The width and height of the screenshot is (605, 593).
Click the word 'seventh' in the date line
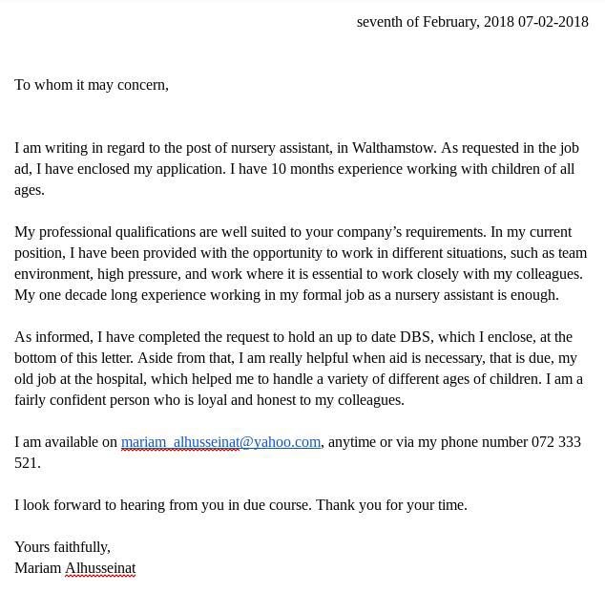pos(380,22)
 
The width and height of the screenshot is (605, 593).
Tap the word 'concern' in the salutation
pos(140,85)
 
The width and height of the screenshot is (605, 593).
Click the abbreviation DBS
pos(415,337)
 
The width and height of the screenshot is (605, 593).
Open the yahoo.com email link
pos(220,442)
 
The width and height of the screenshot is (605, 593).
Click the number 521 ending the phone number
pos(26,463)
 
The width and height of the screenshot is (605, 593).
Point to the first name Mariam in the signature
pos(37,568)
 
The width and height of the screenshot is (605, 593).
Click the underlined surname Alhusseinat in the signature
pos(100,568)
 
